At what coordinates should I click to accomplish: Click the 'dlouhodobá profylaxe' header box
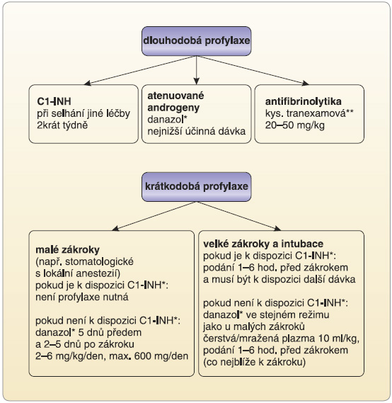click(197, 41)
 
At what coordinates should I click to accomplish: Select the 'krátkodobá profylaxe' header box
click(197, 187)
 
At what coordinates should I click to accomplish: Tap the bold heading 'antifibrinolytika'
click(303, 101)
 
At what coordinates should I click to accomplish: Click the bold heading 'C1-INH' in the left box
click(54, 101)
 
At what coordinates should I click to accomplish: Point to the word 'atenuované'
click(175, 96)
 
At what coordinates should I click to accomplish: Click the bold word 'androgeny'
click(173, 108)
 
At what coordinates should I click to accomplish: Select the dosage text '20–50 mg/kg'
click(294, 125)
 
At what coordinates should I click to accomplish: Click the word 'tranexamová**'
click(320, 113)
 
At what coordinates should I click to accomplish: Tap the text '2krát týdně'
click(62, 125)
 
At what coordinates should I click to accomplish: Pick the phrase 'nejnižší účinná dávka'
click(197, 131)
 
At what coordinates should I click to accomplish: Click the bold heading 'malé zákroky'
click(67, 249)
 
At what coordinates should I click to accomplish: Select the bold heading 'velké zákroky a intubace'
click(263, 244)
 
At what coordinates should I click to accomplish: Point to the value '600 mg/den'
click(161, 356)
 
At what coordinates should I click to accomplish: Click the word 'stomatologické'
click(99, 261)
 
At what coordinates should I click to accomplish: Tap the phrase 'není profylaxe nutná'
click(81, 297)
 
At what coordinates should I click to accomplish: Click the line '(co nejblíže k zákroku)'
click(254, 362)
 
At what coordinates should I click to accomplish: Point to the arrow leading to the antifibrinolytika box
click(253, 70)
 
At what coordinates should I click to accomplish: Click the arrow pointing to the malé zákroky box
click(154, 216)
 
